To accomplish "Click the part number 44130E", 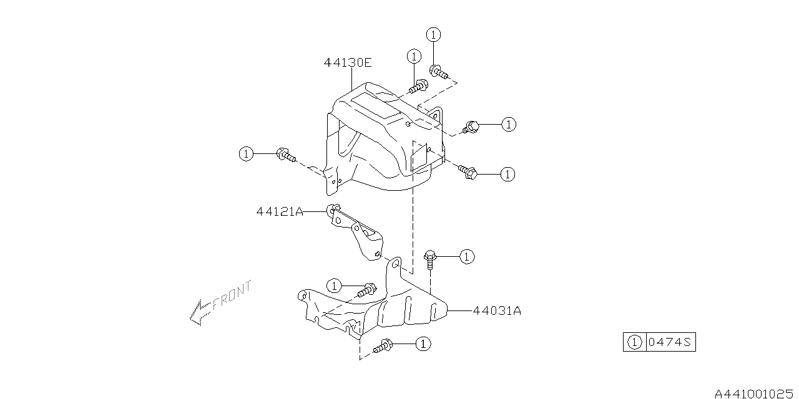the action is [348, 63].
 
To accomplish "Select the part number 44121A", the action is [280, 212].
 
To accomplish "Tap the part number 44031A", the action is [498, 311].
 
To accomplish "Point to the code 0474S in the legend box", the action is [670, 342].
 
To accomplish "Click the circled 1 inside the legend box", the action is [635, 342].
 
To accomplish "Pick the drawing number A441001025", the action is [756, 393].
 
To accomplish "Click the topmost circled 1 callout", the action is [433, 34].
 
